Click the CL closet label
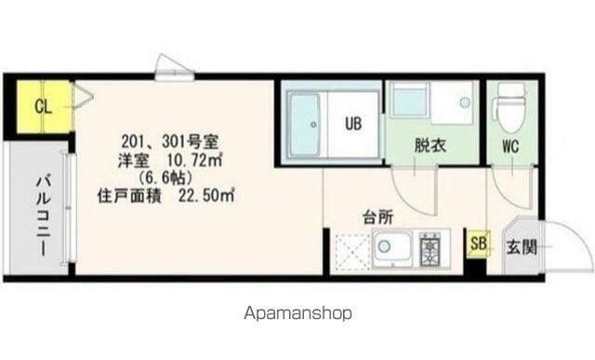click(x=43, y=107)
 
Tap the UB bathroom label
click(x=353, y=124)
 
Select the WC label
click(x=510, y=146)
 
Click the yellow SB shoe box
click(x=479, y=244)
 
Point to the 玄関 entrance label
click(x=522, y=247)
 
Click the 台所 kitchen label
click(x=378, y=218)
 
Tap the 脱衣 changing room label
click(x=430, y=145)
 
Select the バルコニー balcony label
click(x=43, y=215)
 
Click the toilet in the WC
click(x=509, y=107)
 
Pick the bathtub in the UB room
click(x=305, y=125)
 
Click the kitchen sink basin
click(x=392, y=248)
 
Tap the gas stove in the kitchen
click(x=430, y=248)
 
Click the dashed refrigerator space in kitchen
click(x=352, y=252)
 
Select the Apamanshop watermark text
click(x=297, y=313)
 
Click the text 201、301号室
click(x=169, y=142)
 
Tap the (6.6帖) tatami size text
click(x=166, y=178)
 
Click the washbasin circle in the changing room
click(x=465, y=102)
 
